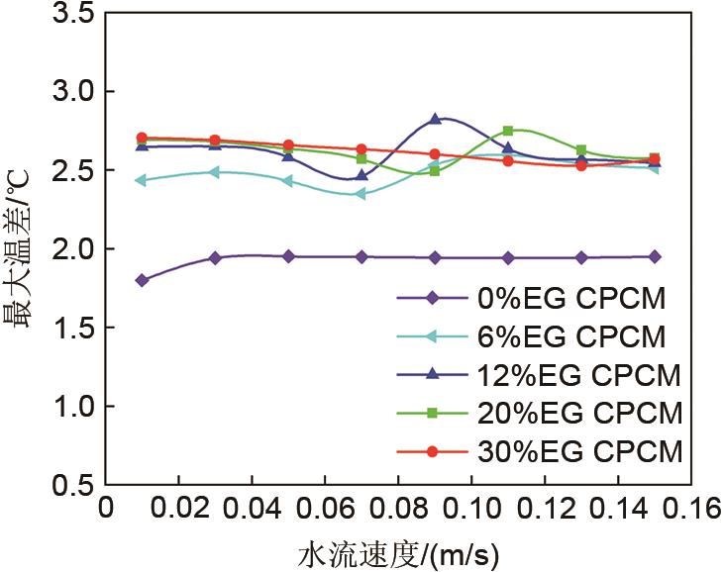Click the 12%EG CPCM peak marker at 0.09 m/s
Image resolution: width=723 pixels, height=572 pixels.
(435, 119)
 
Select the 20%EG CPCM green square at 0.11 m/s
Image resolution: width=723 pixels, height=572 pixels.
(508, 131)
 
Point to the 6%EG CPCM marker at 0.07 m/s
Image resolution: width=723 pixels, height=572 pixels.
(361, 194)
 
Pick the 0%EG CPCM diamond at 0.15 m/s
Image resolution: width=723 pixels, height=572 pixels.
(655, 256)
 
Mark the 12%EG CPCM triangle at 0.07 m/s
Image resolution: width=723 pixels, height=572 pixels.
(361, 176)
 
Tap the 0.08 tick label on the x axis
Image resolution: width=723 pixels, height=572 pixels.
(397, 509)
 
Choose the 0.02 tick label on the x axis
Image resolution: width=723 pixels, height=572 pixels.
(177, 509)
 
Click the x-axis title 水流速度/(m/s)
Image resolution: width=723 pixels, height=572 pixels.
(397, 550)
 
